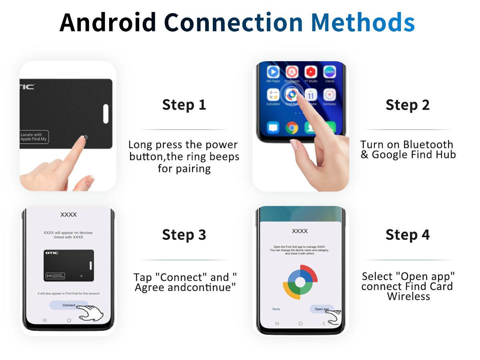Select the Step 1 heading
(184, 105)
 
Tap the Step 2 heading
(408, 105)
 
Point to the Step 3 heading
(184, 235)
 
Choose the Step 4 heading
(408, 235)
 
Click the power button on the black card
(85, 137)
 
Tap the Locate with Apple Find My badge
(34, 137)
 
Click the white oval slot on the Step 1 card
(106, 114)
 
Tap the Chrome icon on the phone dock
(292, 128)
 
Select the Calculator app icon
(273, 95)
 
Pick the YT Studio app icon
(311, 72)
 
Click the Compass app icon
(329, 95)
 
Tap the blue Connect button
(69, 305)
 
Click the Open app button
(322, 309)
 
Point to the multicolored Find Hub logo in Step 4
(300, 282)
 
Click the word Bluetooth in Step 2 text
(428, 145)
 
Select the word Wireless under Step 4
(408, 296)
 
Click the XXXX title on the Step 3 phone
(68, 215)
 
